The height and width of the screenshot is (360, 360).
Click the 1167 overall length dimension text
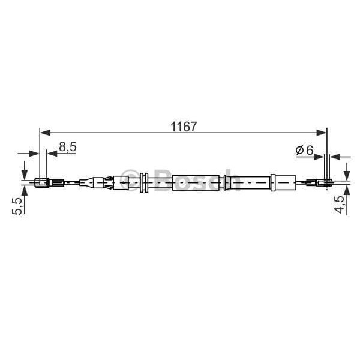(x=184, y=127)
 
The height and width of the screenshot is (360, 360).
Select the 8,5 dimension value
(x=67, y=147)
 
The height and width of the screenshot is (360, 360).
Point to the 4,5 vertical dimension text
(x=340, y=204)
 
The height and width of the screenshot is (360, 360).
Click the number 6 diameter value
(x=310, y=151)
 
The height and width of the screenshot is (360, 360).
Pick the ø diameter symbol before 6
(x=300, y=151)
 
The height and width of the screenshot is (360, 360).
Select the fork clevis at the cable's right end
(x=324, y=182)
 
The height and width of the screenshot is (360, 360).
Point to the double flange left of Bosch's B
(x=143, y=182)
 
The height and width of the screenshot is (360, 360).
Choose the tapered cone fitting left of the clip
(x=91, y=182)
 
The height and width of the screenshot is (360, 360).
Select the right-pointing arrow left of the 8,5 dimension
(x=34, y=154)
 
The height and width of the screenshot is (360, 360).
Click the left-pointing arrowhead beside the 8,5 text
(x=52, y=154)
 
